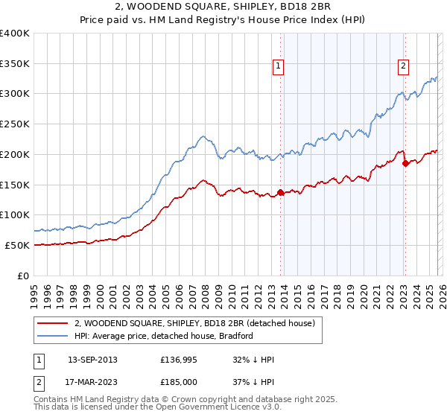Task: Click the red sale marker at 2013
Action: coord(280,192)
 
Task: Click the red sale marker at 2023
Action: coord(405,162)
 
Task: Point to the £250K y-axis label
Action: coord(15,124)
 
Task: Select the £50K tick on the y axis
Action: coord(18,245)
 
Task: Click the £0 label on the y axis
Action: coord(24,276)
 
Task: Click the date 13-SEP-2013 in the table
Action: coord(92,359)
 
